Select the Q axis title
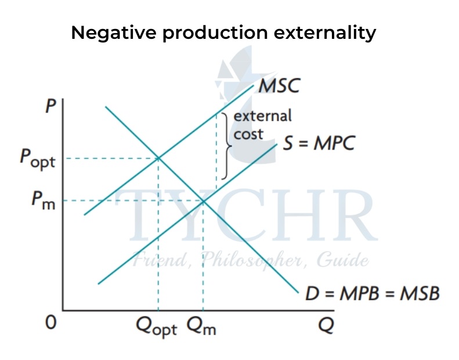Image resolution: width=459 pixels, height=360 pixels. click(x=326, y=325)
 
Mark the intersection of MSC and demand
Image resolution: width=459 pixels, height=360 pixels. click(x=158, y=158)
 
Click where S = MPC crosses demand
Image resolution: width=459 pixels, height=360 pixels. click(x=203, y=201)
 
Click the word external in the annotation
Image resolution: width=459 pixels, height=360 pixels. click(x=262, y=115)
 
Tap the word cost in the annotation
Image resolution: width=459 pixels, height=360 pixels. click(x=248, y=134)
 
